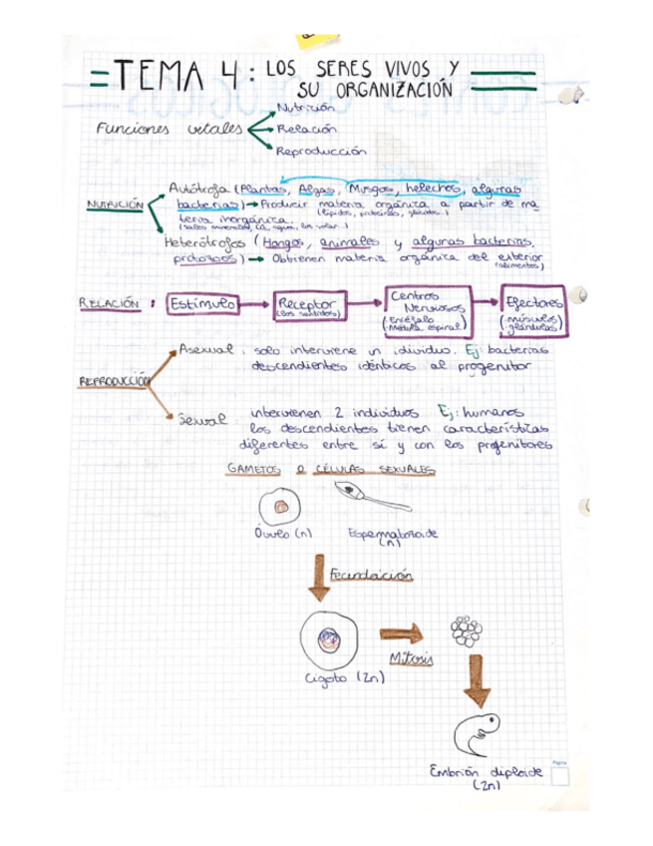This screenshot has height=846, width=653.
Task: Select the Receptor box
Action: pos(308,304)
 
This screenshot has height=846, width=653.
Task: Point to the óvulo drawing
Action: pos(282,507)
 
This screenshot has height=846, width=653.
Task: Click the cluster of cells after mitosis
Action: pos(465,631)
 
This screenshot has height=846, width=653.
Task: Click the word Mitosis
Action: pos(413,659)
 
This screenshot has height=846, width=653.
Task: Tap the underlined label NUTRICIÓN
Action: pos(116,204)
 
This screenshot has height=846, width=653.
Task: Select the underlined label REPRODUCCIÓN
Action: pos(114,381)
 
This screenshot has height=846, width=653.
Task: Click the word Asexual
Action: pos(206,350)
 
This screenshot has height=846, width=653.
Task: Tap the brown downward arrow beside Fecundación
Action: pos(321,578)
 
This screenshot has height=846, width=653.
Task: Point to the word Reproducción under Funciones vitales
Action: pos(322,151)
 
